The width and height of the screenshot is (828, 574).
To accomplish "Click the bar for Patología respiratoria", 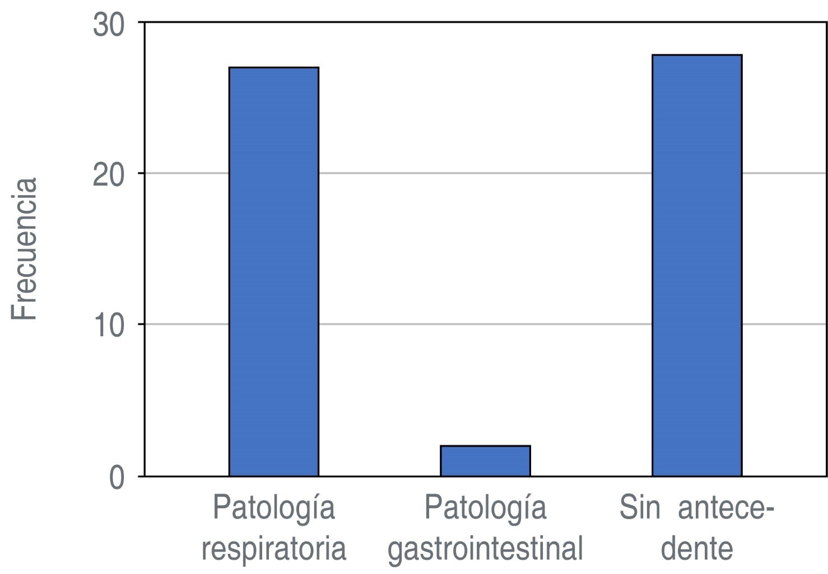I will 273,272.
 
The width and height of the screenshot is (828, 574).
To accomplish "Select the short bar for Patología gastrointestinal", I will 485,461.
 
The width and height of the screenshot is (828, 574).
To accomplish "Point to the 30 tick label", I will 109,26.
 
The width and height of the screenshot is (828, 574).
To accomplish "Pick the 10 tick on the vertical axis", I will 109,326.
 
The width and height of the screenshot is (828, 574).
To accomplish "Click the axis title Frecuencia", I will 25,249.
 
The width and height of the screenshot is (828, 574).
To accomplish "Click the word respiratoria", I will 273,548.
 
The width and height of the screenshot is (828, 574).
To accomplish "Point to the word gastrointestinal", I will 485,549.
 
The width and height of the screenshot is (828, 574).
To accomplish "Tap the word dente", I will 696,548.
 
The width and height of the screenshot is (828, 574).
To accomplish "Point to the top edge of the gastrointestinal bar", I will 485,446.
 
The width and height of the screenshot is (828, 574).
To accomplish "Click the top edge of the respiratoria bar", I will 273,68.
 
